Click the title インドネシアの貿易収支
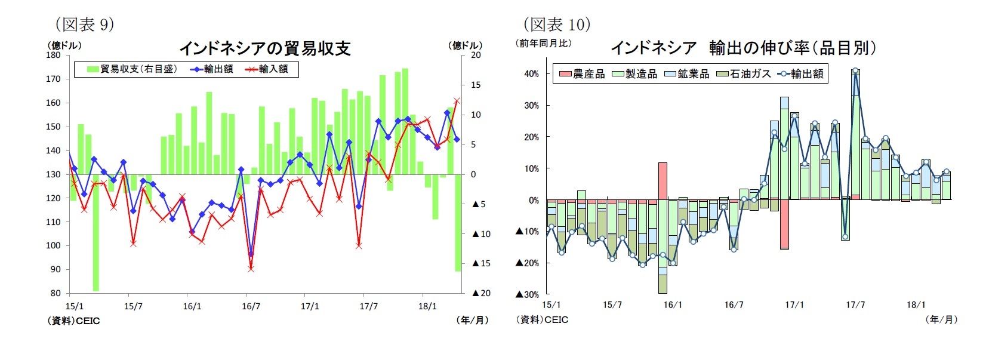click(264, 48)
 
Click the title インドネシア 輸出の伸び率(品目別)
click(743, 48)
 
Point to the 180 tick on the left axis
click(54, 55)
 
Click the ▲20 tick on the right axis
click(481, 293)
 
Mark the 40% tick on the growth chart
click(531, 74)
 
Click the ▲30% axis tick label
click(528, 294)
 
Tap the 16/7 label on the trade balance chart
click(251, 307)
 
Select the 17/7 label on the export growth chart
click(855, 305)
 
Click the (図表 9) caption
click(84, 24)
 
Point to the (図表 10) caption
click(557, 24)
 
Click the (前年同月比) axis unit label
click(544, 43)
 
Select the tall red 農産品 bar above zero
click(663, 181)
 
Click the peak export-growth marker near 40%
click(855, 70)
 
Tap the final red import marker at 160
click(457, 101)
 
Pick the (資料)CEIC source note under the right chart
click(543, 320)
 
